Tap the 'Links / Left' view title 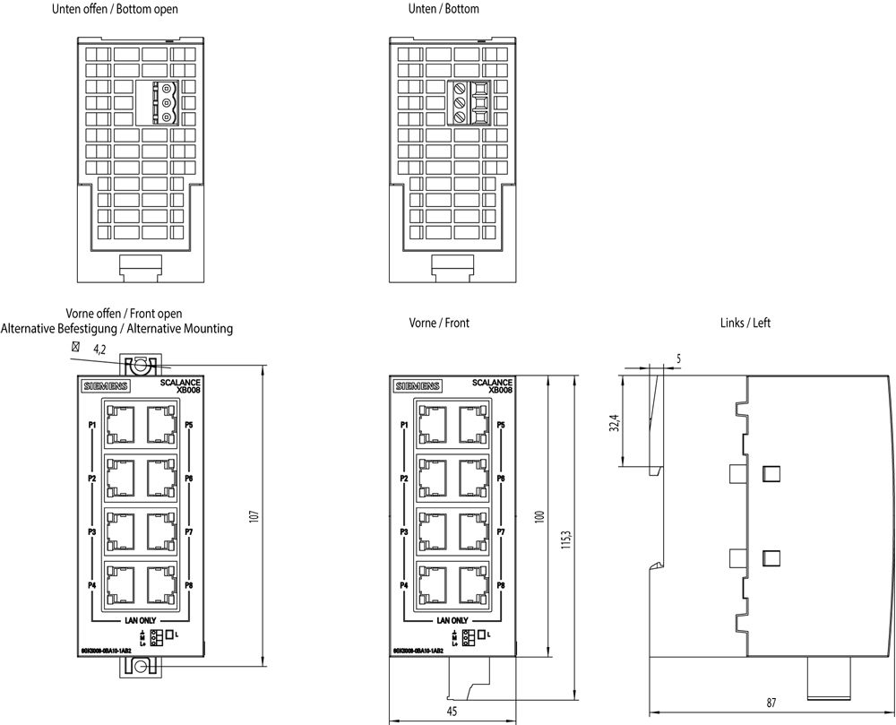tap(745, 323)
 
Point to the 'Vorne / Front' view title tap(439, 323)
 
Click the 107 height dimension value tap(254, 517)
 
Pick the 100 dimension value tap(539, 517)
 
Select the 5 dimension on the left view tap(678, 358)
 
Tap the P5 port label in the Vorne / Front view tap(501, 425)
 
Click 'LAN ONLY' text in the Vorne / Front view tap(452, 620)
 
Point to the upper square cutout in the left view tap(768, 473)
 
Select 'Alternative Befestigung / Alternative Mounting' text tap(116, 329)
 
